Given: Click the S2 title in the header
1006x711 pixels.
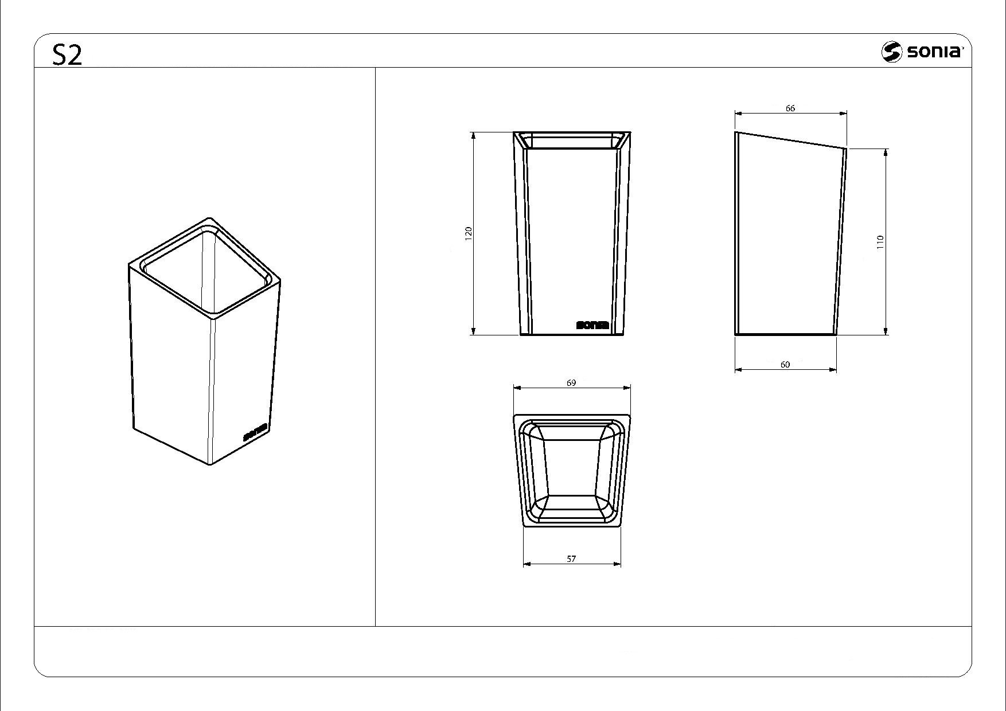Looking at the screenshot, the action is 68,54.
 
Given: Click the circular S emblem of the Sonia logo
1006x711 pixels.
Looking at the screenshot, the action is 892,52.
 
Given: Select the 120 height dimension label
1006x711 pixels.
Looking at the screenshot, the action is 469,233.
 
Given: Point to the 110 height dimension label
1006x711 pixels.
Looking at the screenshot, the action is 880,242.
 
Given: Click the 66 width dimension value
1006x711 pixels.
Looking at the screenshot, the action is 790,108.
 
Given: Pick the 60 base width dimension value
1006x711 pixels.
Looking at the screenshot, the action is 785,364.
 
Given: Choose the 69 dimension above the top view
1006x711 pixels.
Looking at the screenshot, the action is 571,382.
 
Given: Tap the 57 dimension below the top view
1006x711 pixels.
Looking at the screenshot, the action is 571,558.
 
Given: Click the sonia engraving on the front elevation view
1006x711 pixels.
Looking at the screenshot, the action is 592,325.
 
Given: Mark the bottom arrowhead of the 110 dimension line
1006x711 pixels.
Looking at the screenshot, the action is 887,330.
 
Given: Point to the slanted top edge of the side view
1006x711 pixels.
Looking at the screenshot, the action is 791,140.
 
